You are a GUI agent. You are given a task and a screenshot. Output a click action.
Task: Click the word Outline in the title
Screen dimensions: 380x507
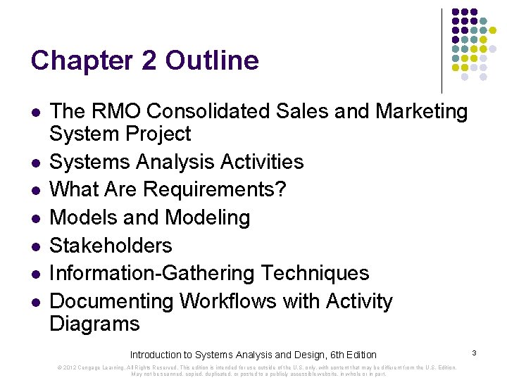212,61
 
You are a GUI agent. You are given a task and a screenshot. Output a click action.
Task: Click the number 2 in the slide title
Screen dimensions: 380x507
149,61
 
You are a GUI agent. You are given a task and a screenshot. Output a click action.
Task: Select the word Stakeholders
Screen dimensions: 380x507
111,246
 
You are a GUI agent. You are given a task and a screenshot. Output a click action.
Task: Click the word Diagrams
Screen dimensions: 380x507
95,324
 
